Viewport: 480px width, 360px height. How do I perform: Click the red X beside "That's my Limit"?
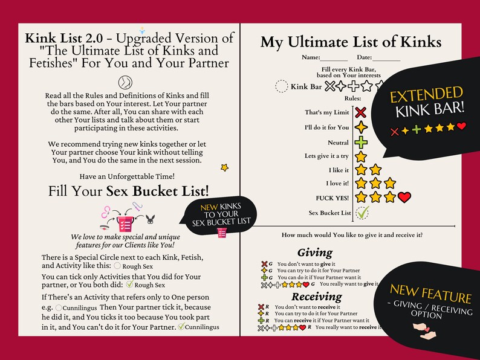361,112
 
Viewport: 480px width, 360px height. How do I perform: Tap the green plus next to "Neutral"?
361,143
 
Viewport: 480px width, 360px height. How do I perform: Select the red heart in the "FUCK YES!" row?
404,197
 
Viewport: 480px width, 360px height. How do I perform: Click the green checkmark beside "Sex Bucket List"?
362,213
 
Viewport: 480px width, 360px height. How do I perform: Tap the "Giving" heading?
315,252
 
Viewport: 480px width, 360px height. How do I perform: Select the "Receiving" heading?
316,297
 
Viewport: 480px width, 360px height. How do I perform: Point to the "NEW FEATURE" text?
430,297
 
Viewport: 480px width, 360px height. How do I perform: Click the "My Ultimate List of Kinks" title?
351,42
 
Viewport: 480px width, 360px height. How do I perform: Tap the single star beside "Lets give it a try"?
361,156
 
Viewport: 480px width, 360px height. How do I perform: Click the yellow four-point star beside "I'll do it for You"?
361,127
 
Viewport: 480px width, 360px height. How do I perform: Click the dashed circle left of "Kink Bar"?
281,86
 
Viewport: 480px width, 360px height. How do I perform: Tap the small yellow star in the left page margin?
224,167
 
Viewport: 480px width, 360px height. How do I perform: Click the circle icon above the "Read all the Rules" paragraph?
127,83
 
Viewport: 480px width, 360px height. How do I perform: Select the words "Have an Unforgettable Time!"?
127,176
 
